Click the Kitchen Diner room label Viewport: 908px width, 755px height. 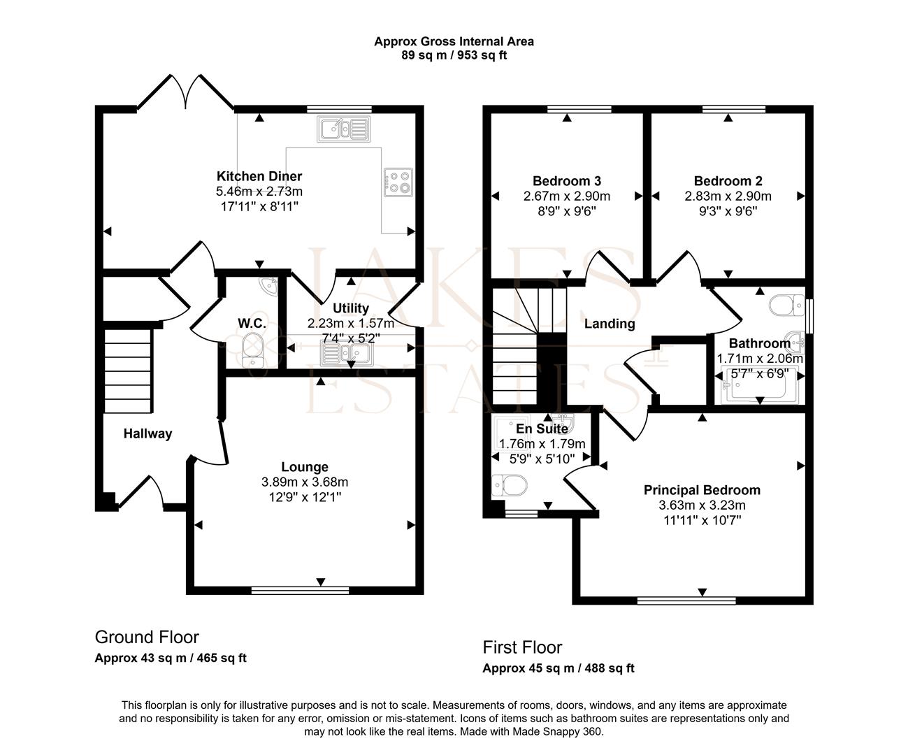(259, 176)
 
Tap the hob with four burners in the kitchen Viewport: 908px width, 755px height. (398, 181)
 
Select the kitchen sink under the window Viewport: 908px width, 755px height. (333, 129)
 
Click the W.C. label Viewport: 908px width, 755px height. (250, 323)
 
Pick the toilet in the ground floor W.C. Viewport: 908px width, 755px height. (250, 345)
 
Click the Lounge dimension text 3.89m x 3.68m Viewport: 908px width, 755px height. (305, 482)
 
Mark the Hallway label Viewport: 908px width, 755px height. (147, 434)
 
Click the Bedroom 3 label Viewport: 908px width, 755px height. (566, 181)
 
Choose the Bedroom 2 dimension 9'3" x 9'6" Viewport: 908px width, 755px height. (728, 210)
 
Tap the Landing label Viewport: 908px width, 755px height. (610, 324)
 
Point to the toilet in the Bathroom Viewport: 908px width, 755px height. (787, 305)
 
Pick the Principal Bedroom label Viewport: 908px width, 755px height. (702, 490)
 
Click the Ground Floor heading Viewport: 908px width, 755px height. (147, 637)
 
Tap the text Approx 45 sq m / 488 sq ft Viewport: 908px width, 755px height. (559, 668)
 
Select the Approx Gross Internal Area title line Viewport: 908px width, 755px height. (454, 41)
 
